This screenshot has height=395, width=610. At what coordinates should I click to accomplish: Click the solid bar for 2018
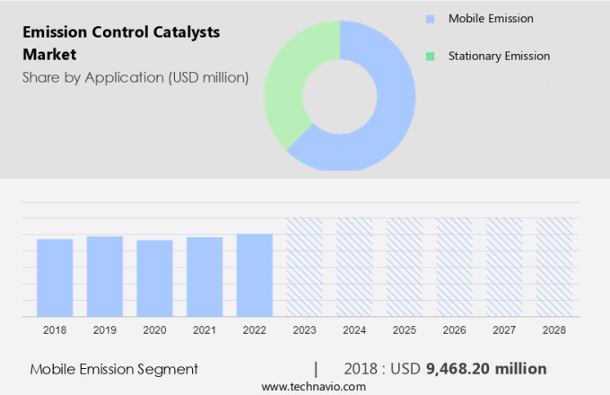point(55,277)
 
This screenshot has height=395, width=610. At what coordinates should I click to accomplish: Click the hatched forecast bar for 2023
point(304,267)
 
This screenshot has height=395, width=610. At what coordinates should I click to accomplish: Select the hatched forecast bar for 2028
point(554,267)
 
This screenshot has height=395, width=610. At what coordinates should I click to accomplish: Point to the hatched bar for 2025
point(405,267)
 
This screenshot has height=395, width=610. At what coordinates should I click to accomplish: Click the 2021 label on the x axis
point(205,330)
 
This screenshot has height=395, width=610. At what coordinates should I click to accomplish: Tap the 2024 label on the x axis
point(354,330)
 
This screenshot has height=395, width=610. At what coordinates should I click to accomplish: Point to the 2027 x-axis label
point(504,330)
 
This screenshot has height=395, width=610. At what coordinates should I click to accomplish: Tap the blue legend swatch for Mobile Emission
point(431,19)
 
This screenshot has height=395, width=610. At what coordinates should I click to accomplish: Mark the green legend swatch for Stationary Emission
point(431,56)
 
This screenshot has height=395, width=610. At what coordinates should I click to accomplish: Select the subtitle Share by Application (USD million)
point(135,77)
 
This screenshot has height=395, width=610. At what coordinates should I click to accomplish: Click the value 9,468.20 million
point(487,368)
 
